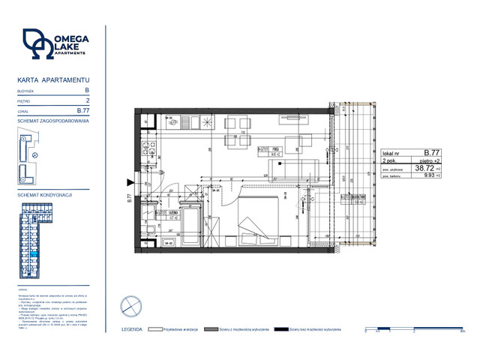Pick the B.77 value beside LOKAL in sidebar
(94, 110)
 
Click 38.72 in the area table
(427, 169)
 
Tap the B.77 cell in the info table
(431, 151)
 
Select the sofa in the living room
(295, 165)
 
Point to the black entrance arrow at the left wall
(132, 182)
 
